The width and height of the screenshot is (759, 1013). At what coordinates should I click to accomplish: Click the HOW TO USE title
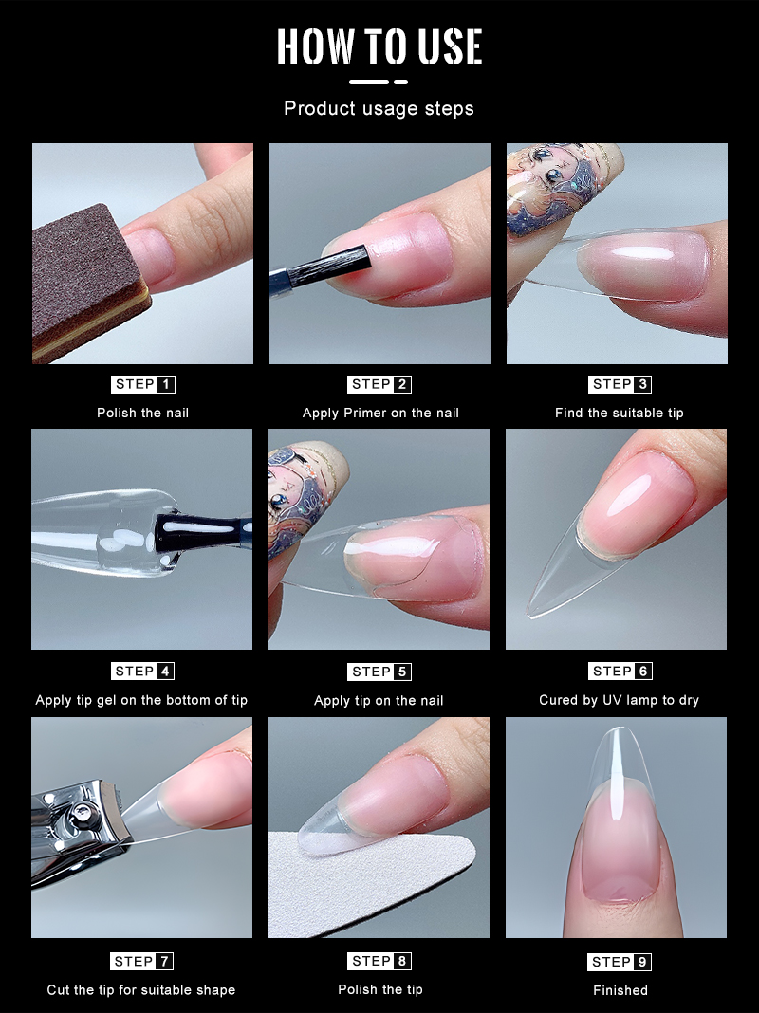[x=379, y=46]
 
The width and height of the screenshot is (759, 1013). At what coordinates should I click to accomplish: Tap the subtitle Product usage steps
[x=379, y=108]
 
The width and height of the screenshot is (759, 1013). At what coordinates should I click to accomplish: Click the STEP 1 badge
[x=142, y=384]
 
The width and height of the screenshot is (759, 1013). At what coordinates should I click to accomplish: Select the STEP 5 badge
[x=379, y=672]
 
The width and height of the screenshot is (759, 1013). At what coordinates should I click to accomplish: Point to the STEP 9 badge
[x=620, y=962]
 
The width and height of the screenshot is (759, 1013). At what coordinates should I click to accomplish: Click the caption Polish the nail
[x=142, y=413]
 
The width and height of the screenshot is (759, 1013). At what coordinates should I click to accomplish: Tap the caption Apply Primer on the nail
[x=380, y=413]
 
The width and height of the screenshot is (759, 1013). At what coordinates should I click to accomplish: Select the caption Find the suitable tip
[x=619, y=413]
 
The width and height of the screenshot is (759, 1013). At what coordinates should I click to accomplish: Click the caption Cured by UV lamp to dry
[x=619, y=700]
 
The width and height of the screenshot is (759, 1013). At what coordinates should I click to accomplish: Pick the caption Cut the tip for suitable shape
[x=140, y=989]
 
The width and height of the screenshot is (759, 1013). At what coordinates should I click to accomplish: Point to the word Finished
[x=620, y=990]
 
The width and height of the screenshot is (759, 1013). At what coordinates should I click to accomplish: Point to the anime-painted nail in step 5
[x=305, y=494]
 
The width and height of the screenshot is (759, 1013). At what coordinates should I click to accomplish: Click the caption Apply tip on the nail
[x=379, y=700]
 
